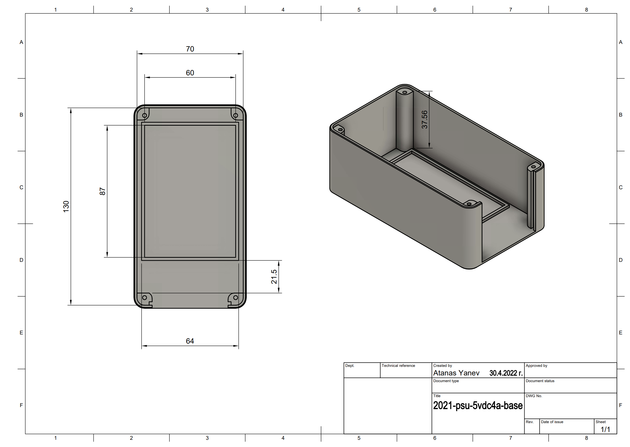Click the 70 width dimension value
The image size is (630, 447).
[190, 49]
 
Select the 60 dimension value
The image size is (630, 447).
[190, 73]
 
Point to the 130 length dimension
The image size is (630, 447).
[66, 206]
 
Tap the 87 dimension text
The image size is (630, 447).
[102, 191]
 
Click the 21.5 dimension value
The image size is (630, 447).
[274, 277]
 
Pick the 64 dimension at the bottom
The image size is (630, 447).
[190, 341]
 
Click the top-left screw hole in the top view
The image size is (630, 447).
[144, 115]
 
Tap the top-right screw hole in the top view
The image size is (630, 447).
[235, 115]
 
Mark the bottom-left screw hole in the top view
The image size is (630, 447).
[144, 297]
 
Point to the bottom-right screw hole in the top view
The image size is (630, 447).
[235, 297]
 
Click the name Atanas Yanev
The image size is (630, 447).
[456, 373]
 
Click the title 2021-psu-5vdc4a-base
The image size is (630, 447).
[478, 405]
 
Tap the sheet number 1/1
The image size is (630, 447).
[605, 429]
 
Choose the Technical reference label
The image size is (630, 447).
[398, 366]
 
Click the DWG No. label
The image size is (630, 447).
[534, 396]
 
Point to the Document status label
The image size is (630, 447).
[540, 381]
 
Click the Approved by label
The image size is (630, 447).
[536, 366]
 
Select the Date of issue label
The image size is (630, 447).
[552, 422]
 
